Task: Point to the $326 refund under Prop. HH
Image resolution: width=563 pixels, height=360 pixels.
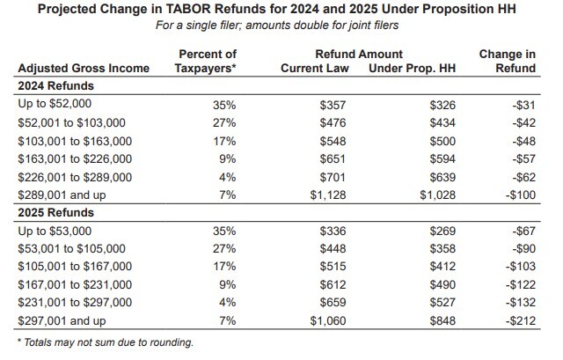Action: [x=442, y=105]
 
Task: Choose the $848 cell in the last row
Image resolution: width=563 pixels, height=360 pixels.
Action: [x=442, y=321]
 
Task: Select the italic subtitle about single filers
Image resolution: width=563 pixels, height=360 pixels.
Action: [x=281, y=26]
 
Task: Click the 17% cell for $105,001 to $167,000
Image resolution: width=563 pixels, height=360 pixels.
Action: [x=224, y=267]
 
